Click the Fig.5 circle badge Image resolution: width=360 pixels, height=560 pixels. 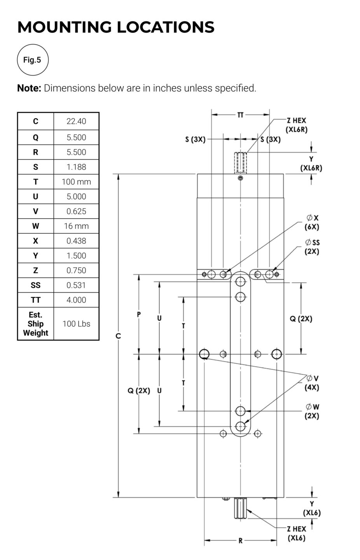33,60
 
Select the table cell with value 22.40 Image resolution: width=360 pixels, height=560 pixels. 76,121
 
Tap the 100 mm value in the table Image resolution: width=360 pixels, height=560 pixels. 76,182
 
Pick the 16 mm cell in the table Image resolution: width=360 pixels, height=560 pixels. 76,226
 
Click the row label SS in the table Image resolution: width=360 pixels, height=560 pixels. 35,285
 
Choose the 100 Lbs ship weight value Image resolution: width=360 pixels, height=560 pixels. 76,324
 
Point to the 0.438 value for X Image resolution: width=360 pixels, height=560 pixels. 76,241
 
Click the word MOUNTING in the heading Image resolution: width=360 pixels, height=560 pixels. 65,27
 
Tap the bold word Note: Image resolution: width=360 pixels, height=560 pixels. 29,88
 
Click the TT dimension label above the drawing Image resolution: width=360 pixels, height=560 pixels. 240,115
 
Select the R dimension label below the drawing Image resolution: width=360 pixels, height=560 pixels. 241,541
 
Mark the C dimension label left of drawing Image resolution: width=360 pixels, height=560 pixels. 118,336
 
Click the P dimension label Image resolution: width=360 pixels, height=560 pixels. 139,315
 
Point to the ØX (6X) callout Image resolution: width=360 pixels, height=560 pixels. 312,222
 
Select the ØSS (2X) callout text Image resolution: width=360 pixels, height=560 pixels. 312,247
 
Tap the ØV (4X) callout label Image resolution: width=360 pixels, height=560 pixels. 312,383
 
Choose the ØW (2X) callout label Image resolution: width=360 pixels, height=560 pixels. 312,411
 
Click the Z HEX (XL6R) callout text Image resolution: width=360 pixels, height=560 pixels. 297,125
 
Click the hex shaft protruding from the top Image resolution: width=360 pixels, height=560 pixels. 241,163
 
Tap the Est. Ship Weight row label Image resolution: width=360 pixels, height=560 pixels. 35,324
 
